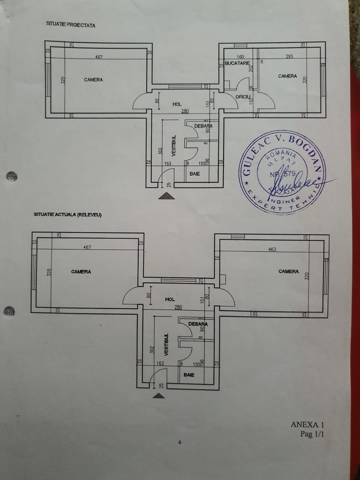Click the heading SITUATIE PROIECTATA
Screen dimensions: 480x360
[71, 25]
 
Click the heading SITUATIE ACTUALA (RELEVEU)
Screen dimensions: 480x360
[68, 214]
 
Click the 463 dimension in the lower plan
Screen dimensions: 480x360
[272, 249]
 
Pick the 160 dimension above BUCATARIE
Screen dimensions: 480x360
[240, 56]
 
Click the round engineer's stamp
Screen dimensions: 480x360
[282, 173]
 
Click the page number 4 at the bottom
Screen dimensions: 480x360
[180, 442]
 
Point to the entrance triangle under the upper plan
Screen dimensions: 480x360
[167, 196]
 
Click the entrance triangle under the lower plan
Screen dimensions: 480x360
[158, 395]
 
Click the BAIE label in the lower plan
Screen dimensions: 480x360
[189, 375]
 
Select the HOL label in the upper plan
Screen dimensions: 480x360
[177, 104]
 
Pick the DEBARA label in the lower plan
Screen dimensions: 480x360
[198, 324]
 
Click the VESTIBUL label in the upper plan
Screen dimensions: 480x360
[174, 145]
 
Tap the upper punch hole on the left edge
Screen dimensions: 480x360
[12, 176]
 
